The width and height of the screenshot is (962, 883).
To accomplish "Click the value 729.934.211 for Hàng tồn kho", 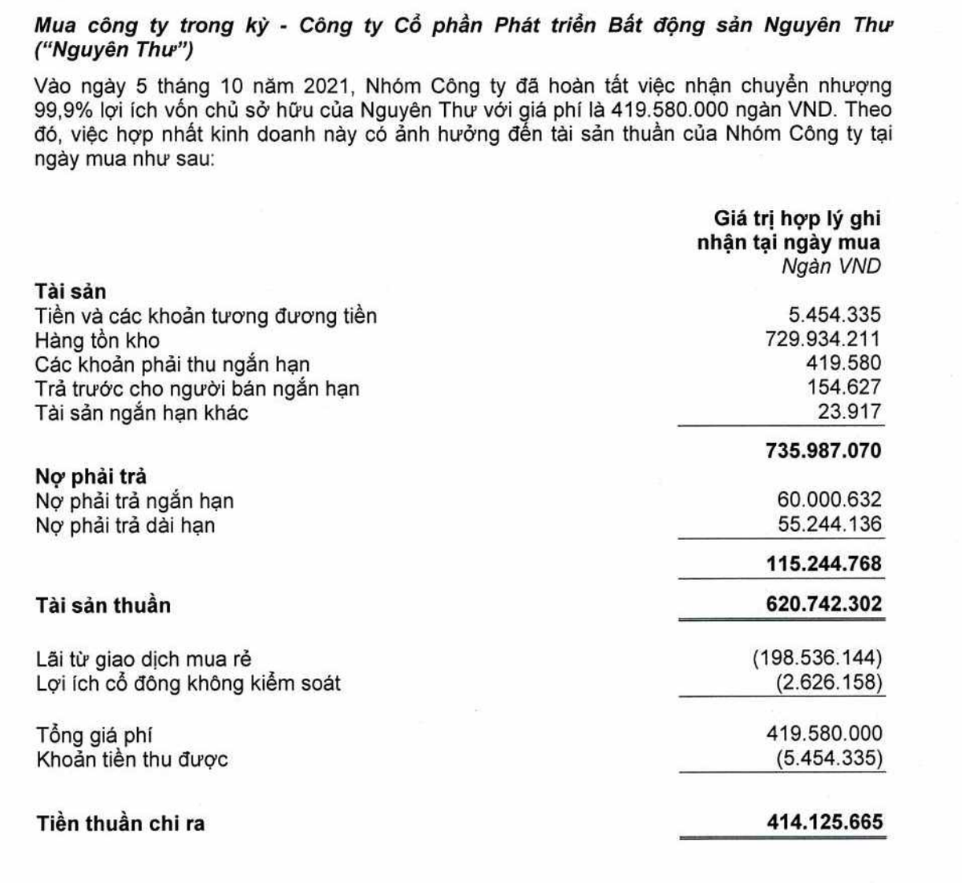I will (x=823, y=339).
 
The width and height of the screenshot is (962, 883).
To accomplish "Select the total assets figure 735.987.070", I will (x=823, y=450).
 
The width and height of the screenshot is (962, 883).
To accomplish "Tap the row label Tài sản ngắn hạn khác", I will (x=141, y=413).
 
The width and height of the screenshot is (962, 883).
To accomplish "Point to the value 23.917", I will (x=851, y=412).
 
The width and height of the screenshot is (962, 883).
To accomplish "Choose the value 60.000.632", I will (x=829, y=500).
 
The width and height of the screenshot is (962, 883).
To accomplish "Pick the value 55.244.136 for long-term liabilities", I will (x=829, y=524).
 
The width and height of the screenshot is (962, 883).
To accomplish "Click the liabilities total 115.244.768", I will (x=823, y=563).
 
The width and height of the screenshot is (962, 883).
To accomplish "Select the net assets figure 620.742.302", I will (x=823, y=603).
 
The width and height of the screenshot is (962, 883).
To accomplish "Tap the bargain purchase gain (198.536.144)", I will (x=817, y=659).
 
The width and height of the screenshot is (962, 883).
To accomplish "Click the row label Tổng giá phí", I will (x=94, y=735).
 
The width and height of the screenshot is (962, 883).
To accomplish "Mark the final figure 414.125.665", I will (x=824, y=821).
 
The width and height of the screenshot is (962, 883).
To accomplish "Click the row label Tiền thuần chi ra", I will (x=120, y=823).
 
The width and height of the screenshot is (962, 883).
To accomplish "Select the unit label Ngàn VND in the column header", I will (x=831, y=266).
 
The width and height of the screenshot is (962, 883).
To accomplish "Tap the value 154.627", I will (x=843, y=388).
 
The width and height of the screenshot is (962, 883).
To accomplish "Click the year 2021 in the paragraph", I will (x=325, y=86).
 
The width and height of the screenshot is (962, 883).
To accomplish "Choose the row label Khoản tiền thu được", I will (x=131, y=759).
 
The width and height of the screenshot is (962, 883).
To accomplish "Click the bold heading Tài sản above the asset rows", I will (x=71, y=291).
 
